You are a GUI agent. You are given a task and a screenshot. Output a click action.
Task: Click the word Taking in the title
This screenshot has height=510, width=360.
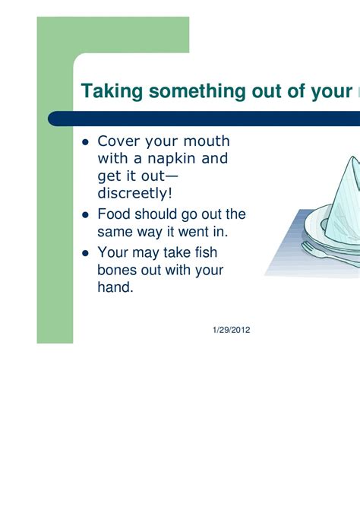click(x=112, y=91)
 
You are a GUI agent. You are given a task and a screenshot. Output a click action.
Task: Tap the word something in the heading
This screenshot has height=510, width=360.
click(x=197, y=91)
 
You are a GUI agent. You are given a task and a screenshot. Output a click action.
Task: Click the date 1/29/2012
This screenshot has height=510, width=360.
click(x=232, y=330)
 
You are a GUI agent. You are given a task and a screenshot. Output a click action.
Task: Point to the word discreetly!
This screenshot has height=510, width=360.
click(x=134, y=193)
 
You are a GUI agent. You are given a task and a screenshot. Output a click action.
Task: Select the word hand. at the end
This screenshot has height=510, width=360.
click(x=115, y=287)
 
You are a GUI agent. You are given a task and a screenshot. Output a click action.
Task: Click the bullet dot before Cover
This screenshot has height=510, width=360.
click(x=86, y=142)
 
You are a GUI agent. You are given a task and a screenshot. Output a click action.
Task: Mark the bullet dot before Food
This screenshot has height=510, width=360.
click(x=86, y=215)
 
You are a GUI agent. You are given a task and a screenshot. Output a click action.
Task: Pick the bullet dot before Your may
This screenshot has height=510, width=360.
click(x=86, y=253)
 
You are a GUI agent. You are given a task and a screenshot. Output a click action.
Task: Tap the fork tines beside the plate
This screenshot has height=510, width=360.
click(x=308, y=248)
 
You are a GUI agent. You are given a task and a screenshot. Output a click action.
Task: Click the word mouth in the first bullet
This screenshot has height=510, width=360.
click(x=207, y=141)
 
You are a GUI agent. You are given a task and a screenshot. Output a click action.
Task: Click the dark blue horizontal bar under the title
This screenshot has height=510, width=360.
click(x=204, y=119)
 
